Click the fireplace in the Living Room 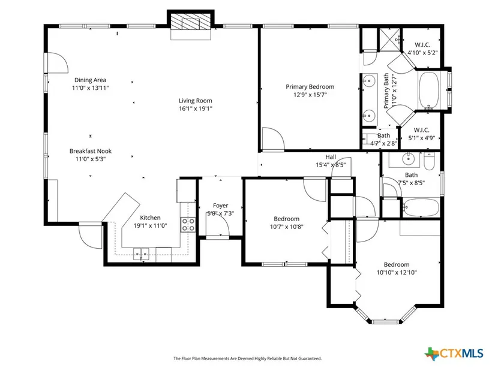(x=191, y=25)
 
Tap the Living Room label (x=196, y=101)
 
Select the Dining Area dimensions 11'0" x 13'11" (x=90, y=88)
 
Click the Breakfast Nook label (x=91, y=151)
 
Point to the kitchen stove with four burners (x=188, y=224)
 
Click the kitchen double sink (x=141, y=254)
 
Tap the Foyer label (x=220, y=206)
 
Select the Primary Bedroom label (x=310, y=87)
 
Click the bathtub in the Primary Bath (x=428, y=91)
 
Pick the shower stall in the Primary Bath (x=389, y=40)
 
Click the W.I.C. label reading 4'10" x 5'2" (x=422, y=49)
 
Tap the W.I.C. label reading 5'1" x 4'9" (x=422, y=134)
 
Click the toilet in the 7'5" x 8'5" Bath (x=429, y=161)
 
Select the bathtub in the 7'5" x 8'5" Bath (x=421, y=207)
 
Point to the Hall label (x=331, y=157)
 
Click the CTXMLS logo (x=454, y=354)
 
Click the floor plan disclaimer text (x=247, y=358)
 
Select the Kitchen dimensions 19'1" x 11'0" (x=150, y=225)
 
